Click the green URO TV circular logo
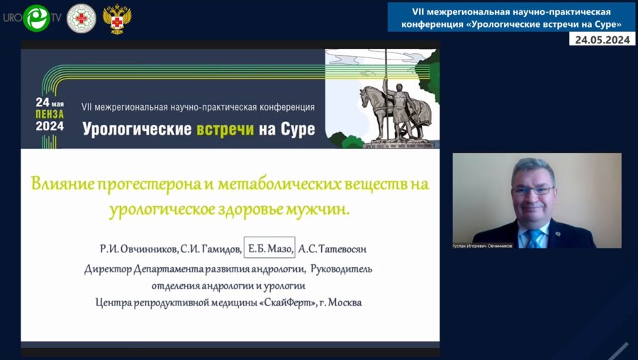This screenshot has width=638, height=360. pyautogui.click(x=35, y=18)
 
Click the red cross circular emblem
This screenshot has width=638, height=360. pyautogui.click(x=81, y=18)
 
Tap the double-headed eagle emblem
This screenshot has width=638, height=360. pyautogui.click(x=117, y=18)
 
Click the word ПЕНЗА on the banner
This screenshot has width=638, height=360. pyautogui.click(x=50, y=114)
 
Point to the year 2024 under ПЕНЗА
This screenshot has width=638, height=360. pyautogui.click(x=50, y=127)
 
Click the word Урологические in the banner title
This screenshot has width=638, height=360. pyautogui.click(x=137, y=130)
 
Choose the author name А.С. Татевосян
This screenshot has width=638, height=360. pyautogui.click(x=333, y=249)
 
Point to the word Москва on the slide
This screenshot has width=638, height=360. pyautogui.click(x=343, y=303)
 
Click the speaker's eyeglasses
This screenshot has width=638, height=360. pyautogui.click(x=532, y=190)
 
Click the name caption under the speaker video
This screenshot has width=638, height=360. pyautogui.click(x=482, y=246)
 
